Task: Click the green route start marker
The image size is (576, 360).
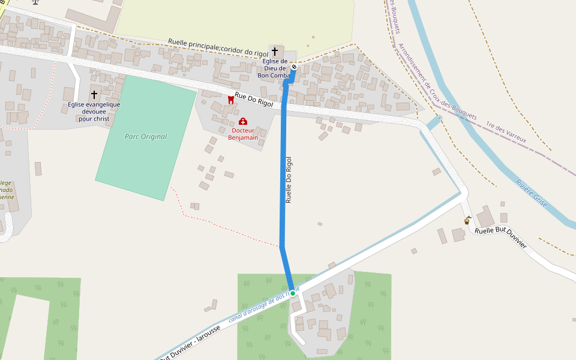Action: [293, 293]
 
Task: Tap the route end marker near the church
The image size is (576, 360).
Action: [294, 67]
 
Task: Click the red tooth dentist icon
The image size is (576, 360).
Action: [230, 100]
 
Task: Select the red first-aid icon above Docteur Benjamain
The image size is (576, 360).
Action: [243, 121]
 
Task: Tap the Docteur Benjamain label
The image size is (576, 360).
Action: [243, 134]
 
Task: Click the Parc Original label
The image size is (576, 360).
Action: [146, 137]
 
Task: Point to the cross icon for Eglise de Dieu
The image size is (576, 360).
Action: [275, 52]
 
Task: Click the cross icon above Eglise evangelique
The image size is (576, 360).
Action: [94, 95]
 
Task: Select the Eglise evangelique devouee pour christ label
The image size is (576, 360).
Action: [94, 112]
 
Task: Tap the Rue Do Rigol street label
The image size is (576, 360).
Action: [254, 100]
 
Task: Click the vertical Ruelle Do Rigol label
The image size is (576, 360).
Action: [289, 179]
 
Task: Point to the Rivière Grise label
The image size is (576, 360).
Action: [532, 193]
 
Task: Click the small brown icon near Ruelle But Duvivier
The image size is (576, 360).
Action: [467, 221]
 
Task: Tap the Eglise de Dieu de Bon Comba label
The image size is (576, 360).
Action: [275, 68]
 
